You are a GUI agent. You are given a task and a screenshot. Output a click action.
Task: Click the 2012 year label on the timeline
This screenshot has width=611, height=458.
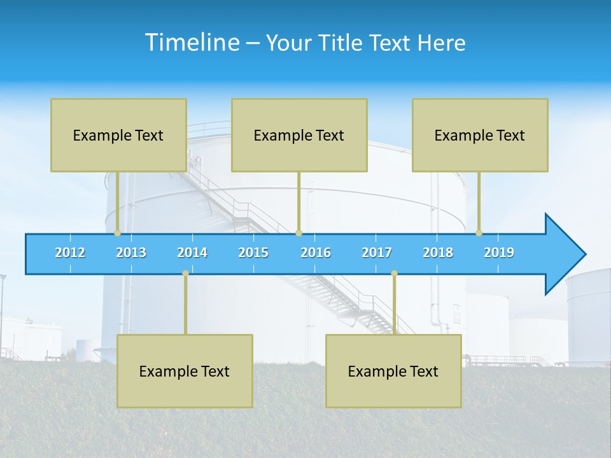(70, 253)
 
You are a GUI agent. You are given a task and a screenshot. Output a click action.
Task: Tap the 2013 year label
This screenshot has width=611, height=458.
(131, 253)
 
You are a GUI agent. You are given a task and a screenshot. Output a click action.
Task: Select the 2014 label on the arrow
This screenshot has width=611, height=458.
(192, 253)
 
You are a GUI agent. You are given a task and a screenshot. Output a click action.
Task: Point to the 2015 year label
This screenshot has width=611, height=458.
(253, 253)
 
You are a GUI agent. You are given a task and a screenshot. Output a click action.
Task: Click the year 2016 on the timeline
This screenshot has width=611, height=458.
(316, 253)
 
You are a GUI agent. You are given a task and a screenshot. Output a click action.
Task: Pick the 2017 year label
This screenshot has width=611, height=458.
(377, 253)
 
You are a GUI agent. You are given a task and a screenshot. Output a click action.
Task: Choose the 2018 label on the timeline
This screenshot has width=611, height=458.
(438, 253)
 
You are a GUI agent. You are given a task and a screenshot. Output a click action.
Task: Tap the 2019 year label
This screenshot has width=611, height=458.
(499, 253)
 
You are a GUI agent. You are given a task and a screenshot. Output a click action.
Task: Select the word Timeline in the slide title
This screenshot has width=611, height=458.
(192, 43)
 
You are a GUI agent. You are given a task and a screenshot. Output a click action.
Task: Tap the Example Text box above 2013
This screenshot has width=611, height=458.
(118, 135)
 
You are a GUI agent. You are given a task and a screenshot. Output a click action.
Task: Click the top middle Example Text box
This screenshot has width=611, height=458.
(299, 135)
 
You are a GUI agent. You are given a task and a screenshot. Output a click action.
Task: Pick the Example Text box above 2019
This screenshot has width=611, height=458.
(480, 135)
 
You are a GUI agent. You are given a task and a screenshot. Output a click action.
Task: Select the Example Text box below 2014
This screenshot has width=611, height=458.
(185, 371)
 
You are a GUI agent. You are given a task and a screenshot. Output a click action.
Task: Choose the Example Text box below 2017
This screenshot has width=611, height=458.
(393, 371)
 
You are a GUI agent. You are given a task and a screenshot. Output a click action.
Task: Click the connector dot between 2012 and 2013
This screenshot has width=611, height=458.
(117, 233)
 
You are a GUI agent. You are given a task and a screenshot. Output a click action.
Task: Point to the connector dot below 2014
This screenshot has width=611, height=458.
(185, 274)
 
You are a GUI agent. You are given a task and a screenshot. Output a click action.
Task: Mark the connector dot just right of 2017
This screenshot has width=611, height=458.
(394, 274)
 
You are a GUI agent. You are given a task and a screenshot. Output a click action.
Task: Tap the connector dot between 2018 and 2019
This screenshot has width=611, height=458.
(479, 233)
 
